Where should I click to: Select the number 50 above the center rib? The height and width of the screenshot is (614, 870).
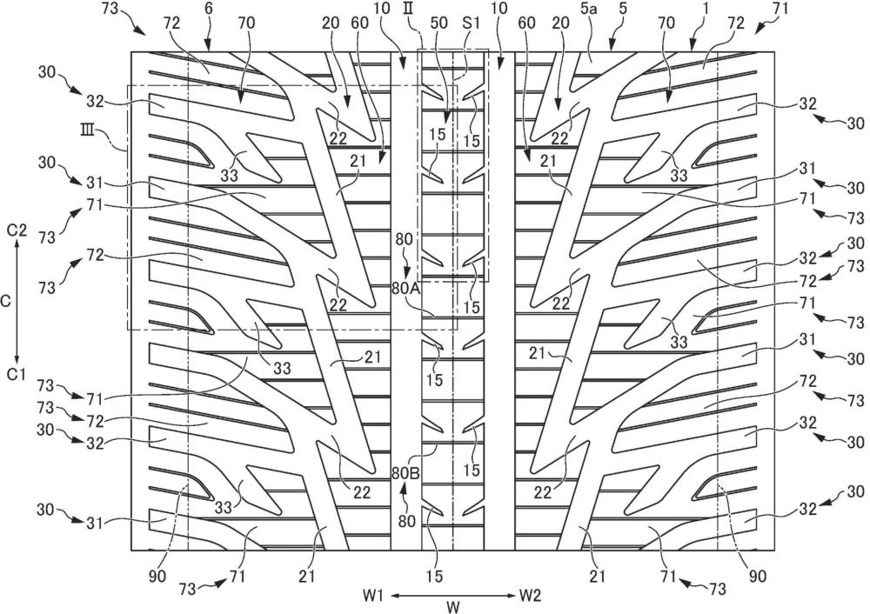pyautogui.click(x=439, y=23)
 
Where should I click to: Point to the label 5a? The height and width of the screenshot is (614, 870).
pyautogui.click(x=590, y=24)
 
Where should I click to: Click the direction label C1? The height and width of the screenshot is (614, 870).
pyautogui.click(x=17, y=375)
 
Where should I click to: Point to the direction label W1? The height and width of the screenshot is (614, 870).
pyautogui.click(x=373, y=596)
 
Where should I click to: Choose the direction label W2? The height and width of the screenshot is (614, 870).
pyautogui.click(x=530, y=596)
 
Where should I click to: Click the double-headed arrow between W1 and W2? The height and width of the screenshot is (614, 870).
pyautogui.click(x=452, y=596)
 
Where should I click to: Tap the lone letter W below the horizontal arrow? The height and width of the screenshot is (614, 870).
pyautogui.click(x=453, y=607)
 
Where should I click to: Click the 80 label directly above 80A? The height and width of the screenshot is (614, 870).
pyautogui.click(x=404, y=240)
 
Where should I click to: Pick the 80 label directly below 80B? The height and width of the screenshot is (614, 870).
pyautogui.click(x=406, y=521)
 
